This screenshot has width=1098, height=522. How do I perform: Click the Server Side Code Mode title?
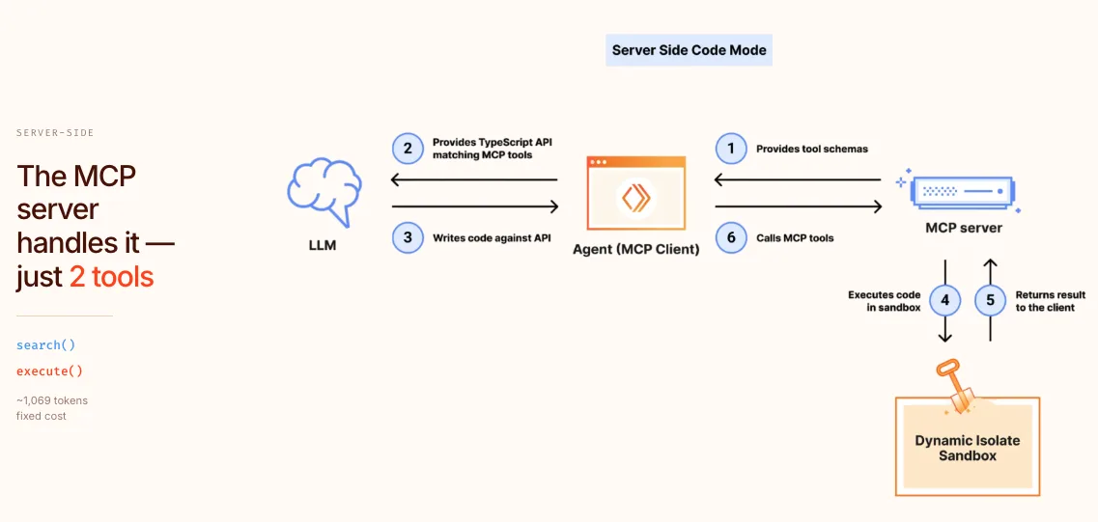(690, 50)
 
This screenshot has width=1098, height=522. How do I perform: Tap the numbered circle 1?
(731, 149)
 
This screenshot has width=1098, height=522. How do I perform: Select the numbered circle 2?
(408, 149)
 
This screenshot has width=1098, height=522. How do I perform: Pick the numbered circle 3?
(408, 237)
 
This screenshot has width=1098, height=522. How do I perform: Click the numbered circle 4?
(945, 300)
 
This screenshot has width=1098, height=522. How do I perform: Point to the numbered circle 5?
(990, 300)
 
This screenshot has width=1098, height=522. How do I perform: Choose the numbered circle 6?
(731, 237)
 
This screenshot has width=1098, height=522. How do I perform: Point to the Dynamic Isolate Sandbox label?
(967, 448)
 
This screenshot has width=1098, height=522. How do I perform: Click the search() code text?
(45, 344)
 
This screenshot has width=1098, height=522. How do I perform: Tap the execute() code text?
(49, 371)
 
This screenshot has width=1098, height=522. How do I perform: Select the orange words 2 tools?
(111, 278)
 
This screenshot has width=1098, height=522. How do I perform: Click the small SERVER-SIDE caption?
(55, 133)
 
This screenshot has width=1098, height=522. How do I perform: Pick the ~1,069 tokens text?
(52, 400)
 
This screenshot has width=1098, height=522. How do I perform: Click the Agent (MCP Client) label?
(635, 250)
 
